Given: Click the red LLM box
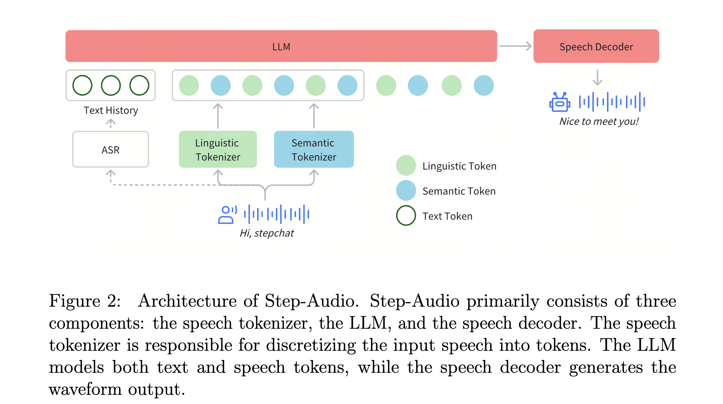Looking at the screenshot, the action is click(281, 46).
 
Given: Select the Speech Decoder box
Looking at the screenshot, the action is click(596, 46).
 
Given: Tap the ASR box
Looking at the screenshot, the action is click(111, 149).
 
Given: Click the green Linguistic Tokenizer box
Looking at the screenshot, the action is click(218, 149).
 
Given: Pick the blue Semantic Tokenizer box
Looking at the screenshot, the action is click(314, 149).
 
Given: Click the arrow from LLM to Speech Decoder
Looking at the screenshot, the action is click(515, 46).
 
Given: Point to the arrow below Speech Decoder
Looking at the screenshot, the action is click(597, 77).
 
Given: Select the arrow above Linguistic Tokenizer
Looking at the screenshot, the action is click(218, 116).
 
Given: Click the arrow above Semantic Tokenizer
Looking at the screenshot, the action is click(314, 116).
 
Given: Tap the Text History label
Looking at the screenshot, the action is click(111, 110).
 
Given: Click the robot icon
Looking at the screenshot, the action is click(560, 102).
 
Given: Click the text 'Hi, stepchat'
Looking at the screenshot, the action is click(267, 233).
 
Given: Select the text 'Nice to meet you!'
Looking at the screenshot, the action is click(599, 122).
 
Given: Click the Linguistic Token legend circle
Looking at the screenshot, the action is click(406, 165).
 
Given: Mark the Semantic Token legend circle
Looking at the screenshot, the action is click(406, 190).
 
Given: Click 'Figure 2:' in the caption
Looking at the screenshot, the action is click(85, 301).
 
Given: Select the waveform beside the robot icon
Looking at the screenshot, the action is click(612, 102).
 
